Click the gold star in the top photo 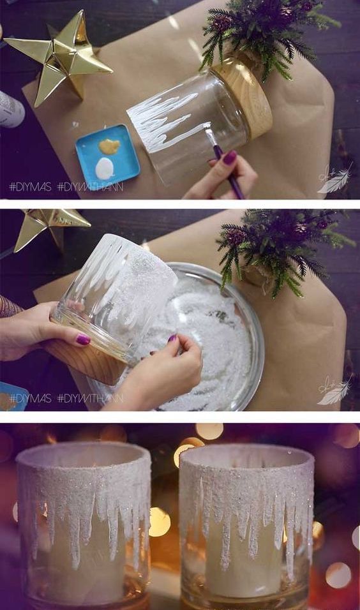(x=63, y=58)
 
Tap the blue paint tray (x=107, y=157)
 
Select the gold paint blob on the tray (x=109, y=146)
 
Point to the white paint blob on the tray (x=104, y=168)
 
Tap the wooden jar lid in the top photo (x=243, y=96)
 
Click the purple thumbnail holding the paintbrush (x=230, y=157)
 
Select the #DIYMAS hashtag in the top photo (x=30, y=187)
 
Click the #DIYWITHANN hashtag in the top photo (x=90, y=187)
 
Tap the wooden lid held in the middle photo (x=87, y=360)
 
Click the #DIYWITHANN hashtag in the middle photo (x=90, y=398)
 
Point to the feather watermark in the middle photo (x=334, y=391)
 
